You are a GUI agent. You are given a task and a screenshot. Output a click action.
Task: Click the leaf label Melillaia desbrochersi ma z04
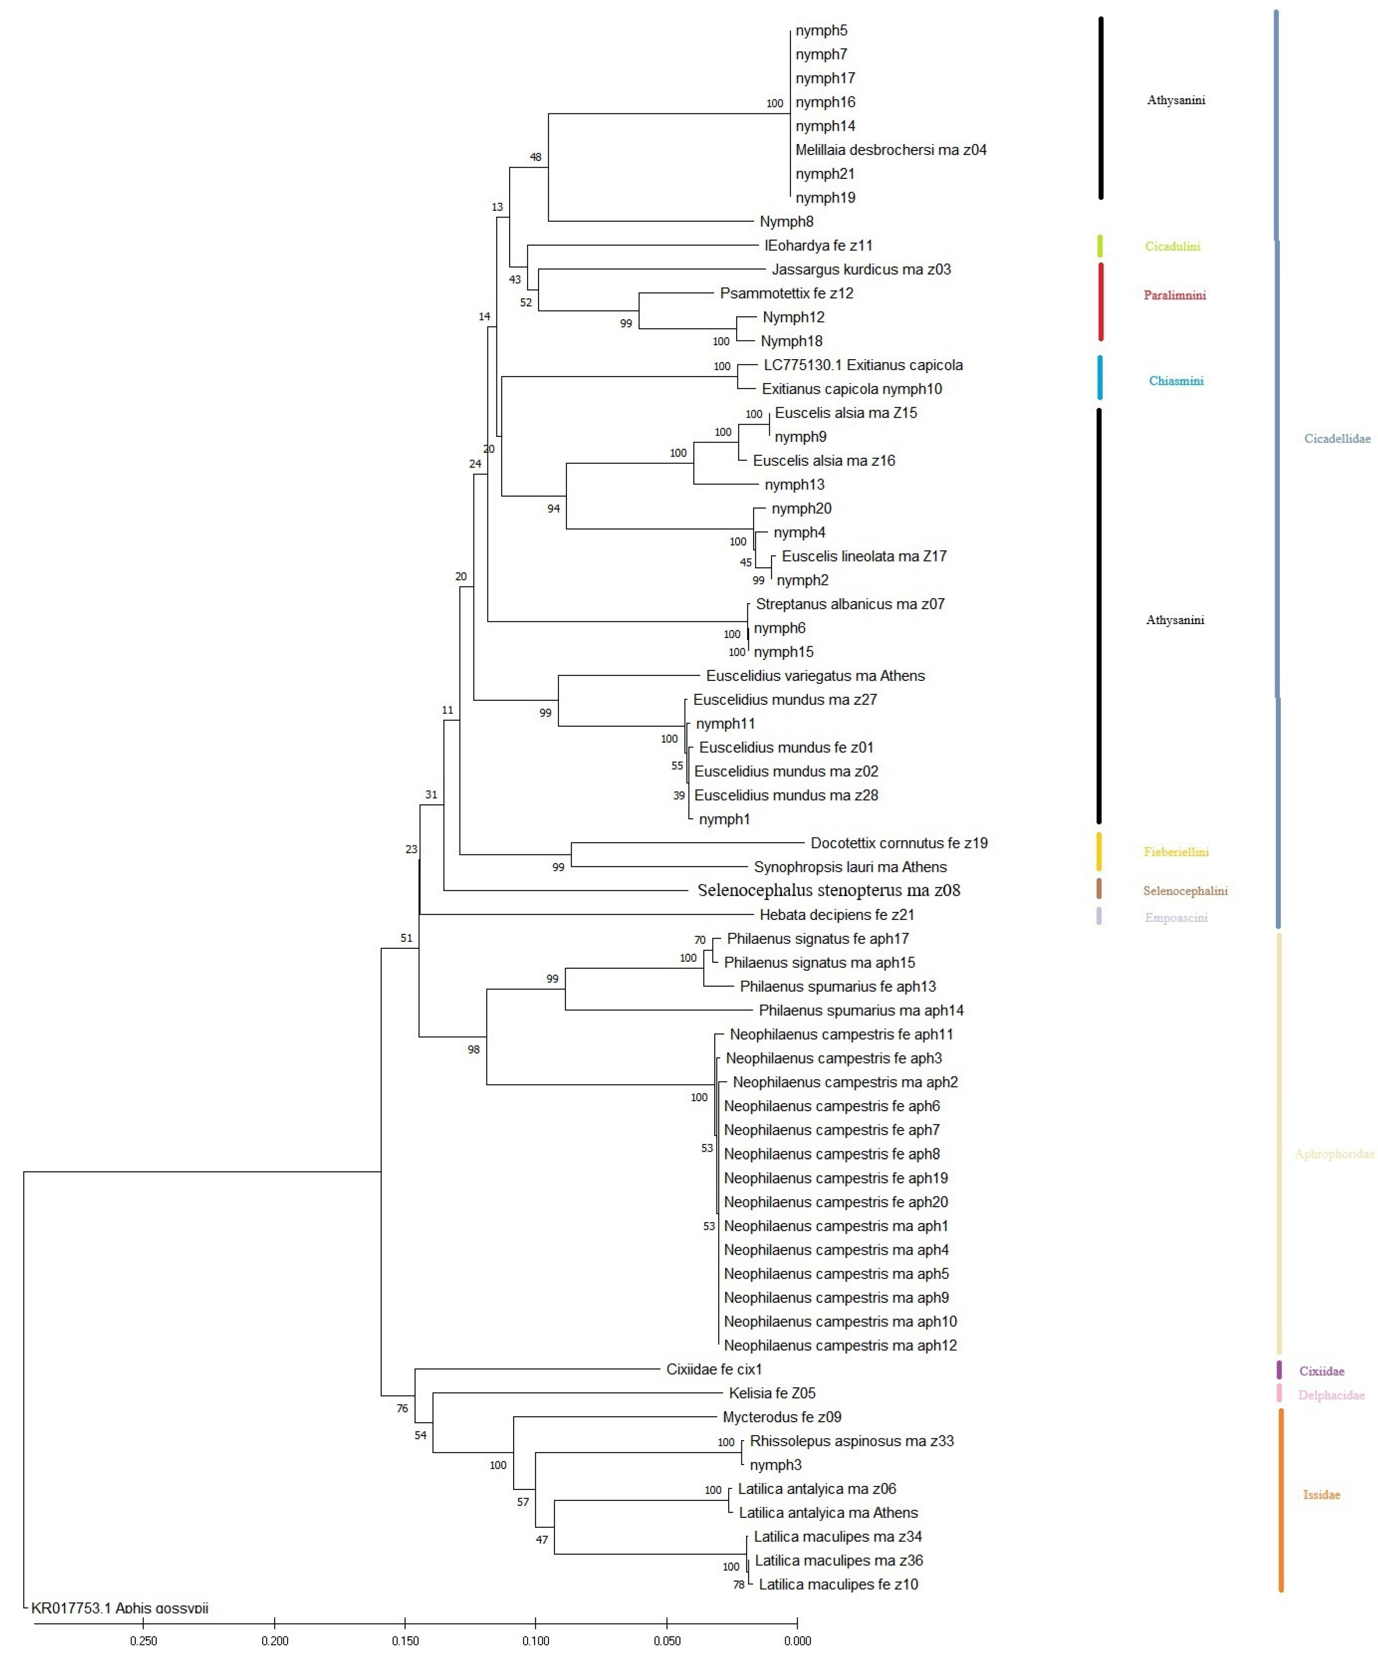(891, 150)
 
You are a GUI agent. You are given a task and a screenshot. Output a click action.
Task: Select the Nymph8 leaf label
(786, 221)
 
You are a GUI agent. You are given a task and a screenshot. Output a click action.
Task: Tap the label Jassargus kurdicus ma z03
(860, 269)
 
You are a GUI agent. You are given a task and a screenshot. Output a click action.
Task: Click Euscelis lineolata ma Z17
(864, 556)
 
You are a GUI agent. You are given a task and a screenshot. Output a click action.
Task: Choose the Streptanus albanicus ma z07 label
(850, 604)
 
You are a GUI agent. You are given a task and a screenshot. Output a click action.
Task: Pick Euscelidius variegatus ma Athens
(815, 676)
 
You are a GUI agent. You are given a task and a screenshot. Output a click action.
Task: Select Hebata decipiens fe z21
(837, 914)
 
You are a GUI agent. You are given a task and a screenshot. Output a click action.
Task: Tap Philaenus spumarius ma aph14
(860, 1010)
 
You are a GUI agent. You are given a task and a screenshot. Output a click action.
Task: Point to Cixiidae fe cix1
(713, 1369)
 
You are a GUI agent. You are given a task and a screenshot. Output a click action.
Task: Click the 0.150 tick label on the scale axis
(405, 1640)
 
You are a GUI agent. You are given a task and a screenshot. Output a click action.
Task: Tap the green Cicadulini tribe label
(1172, 246)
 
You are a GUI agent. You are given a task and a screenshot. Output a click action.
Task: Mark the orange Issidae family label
(1321, 1495)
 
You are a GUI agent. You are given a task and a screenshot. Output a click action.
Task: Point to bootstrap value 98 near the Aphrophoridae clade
(473, 1050)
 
